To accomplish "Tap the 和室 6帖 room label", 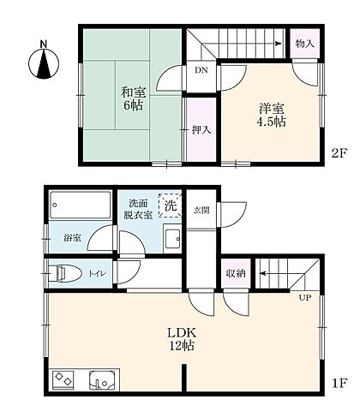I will pos(132,99).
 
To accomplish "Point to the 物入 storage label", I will pos(305,43).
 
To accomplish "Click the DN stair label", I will pos(200,70).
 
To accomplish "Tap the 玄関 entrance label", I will pos(201,210).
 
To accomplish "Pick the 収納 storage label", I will pos(235,273).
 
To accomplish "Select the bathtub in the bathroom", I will pos(80,205).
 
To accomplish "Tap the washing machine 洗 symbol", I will pos(171,205).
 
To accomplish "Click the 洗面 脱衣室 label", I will pos(141,208).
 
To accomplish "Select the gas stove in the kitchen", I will pos(64,378).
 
